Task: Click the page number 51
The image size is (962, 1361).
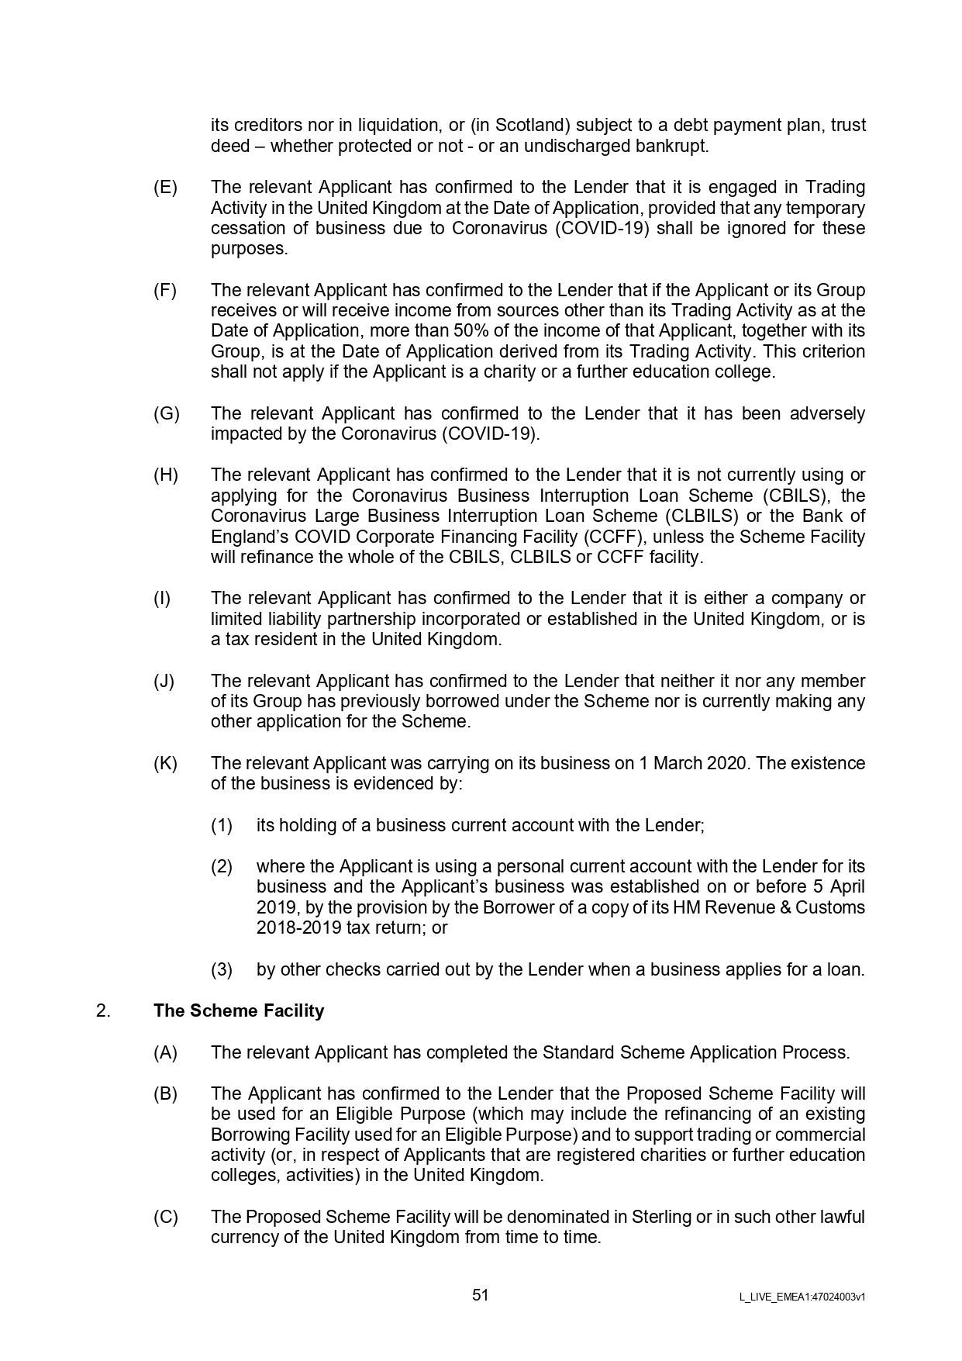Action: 481,1295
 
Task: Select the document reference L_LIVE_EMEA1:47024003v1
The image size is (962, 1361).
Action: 802,1297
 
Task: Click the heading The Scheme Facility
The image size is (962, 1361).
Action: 239,1010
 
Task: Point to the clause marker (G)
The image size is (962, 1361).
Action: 166,413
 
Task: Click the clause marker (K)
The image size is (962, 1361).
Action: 165,763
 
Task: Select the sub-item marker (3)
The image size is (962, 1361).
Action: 222,969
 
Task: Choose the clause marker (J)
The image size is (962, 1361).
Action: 164,681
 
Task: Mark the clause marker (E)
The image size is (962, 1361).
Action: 165,187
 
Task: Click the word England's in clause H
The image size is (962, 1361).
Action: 246,537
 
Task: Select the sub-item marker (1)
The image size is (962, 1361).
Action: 222,825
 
